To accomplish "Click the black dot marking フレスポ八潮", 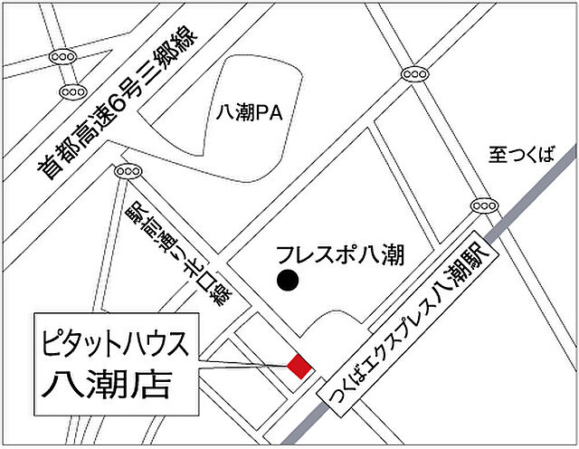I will pyautogui.click(x=287, y=281).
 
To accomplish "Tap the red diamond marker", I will pyautogui.click(x=299, y=366).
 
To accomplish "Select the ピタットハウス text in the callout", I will pyautogui.click(x=115, y=344).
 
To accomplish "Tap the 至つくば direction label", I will pyautogui.click(x=520, y=154).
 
